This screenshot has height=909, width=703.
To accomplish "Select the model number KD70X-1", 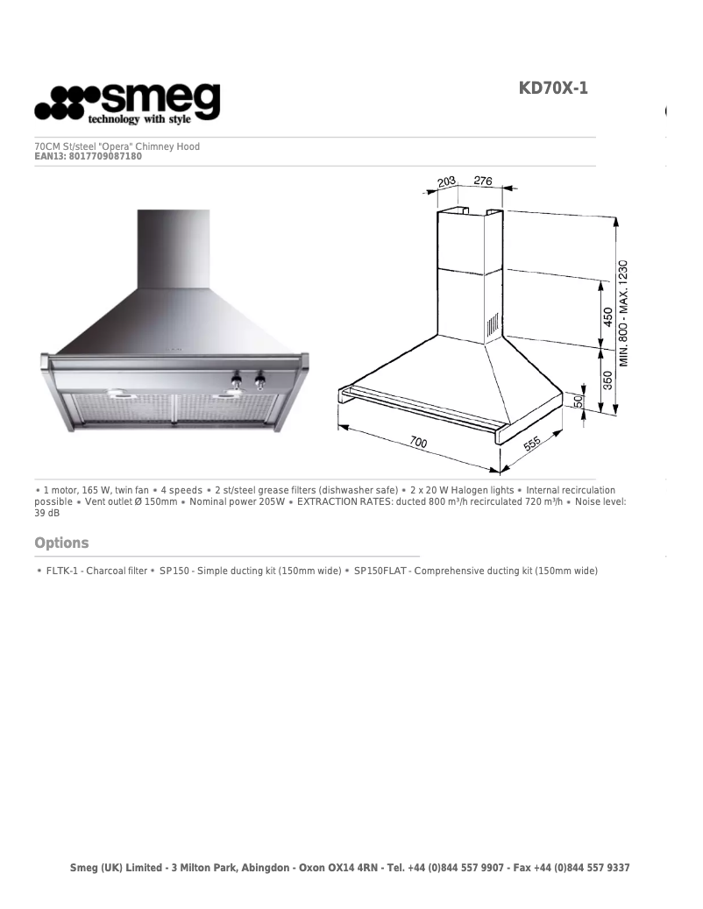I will [x=553, y=89].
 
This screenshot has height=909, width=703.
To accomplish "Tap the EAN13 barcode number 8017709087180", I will [x=104, y=157].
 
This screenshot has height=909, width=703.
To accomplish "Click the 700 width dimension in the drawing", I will [x=418, y=443].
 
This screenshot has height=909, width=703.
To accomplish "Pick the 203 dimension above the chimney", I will [x=448, y=182].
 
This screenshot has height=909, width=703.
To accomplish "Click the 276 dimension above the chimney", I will [x=483, y=181].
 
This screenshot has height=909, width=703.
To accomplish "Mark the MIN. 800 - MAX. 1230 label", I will [x=623, y=314].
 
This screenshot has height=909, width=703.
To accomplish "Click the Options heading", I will [x=61, y=543].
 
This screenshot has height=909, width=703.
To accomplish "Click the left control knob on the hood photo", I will [x=236, y=380].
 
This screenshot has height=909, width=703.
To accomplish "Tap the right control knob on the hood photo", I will [x=259, y=380].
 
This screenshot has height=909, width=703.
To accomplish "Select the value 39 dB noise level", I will [x=47, y=513].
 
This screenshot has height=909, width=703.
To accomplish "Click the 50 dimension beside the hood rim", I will [x=579, y=401].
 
